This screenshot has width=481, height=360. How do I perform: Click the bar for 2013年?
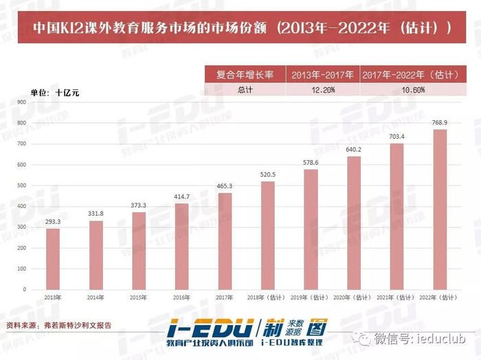tap(52, 258)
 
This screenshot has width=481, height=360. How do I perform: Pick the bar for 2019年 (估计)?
tap(311, 229)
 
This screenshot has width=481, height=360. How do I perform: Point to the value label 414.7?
tap(181, 196)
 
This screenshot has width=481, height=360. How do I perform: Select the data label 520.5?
tap(268, 175)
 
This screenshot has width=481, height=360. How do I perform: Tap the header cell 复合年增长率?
tap(245, 75)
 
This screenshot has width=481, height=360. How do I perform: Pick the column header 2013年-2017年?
tap(322, 75)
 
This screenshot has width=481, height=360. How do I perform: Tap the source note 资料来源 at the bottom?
tap(58, 325)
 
